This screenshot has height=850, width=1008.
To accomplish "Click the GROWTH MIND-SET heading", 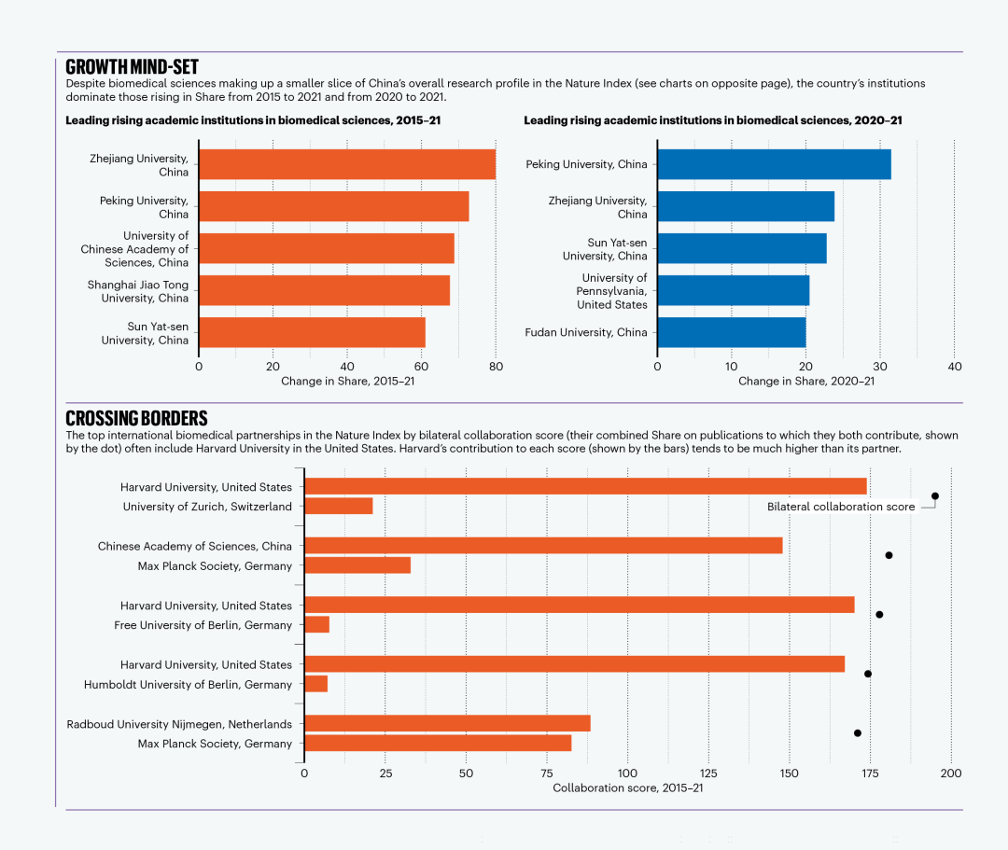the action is (x=132, y=67).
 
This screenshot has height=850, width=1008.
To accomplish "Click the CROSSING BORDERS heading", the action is (x=136, y=418).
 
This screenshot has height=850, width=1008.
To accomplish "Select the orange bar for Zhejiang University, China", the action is (x=347, y=164).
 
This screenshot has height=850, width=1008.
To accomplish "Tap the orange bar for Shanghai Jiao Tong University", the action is (x=325, y=290).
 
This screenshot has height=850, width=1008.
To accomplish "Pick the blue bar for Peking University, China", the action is (x=774, y=164).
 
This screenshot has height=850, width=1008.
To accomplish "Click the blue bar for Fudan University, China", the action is (x=732, y=332).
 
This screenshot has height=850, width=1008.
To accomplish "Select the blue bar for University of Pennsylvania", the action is (x=734, y=290).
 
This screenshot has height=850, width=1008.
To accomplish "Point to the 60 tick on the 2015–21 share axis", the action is (x=421, y=366).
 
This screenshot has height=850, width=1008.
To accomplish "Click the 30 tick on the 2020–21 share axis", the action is (x=880, y=366).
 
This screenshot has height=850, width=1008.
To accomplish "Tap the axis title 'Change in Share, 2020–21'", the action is (x=806, y=381).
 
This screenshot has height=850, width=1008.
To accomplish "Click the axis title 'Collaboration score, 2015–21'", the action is (x=628, y=787).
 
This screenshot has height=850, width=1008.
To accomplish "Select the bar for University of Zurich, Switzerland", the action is (x=339, y=506).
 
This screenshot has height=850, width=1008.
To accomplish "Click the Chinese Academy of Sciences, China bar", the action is (x=544, y=546).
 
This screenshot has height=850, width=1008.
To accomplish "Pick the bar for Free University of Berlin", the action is (x=317, y=624).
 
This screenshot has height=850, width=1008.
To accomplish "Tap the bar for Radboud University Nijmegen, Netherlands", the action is (x=447, y=723).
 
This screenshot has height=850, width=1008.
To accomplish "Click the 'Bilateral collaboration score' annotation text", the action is (x=841, y=507).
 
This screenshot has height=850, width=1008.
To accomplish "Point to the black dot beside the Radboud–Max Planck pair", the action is (x=857, y=733).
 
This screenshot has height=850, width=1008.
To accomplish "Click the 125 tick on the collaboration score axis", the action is (x=708, y=773).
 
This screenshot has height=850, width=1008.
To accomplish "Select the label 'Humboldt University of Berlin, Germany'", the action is (x=188, y=685).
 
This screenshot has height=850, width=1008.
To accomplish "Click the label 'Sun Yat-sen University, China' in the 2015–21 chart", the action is (x=145, y=333).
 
